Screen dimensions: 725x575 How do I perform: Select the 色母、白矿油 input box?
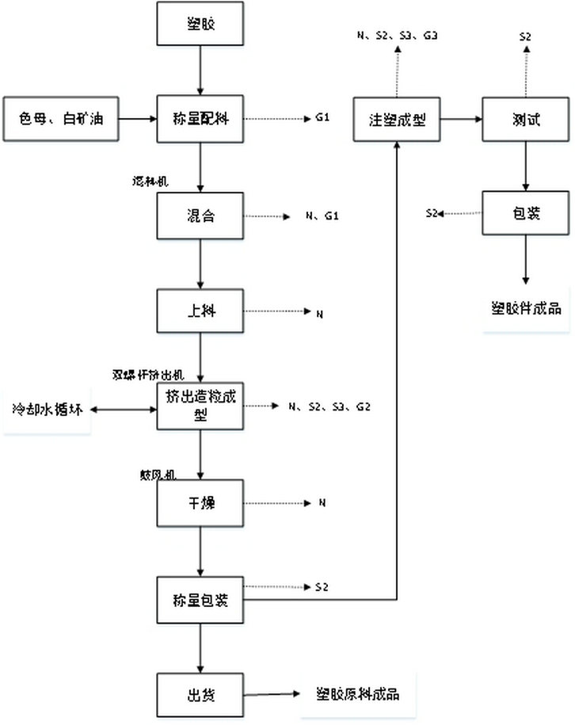click(x=60, y=120)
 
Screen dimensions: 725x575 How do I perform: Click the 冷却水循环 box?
click(x=47, y=410)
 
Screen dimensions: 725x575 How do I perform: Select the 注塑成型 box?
click(x=397, y=120)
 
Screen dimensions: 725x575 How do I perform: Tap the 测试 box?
click(x=522, y=120)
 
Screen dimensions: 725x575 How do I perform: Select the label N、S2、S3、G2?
click(x=329, y=406)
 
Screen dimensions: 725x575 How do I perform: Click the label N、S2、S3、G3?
click(x=398, y=36)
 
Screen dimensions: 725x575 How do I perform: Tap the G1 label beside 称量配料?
click(x=322, y=119)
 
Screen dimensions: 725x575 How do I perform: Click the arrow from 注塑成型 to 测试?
click(x=461, y=120)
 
